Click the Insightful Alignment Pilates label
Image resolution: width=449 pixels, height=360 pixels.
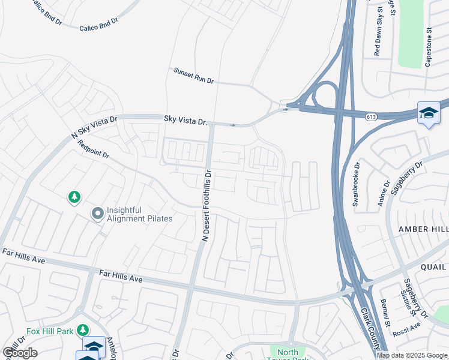point(139,215)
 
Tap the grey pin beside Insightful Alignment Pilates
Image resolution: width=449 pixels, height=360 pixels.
point(97,214)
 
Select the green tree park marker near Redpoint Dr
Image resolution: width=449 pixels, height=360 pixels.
point(74,197)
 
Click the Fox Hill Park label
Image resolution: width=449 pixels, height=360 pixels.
point(50,330)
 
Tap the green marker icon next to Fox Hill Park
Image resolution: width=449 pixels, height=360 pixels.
point(82,330)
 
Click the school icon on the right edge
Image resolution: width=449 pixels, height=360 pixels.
point(429,113)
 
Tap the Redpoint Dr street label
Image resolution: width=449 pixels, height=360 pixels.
point(94,149)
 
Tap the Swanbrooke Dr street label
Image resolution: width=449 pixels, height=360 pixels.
point(356,184)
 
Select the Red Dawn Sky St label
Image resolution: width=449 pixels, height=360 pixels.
point(378,31)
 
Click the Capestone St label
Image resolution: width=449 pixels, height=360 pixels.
point(429,46)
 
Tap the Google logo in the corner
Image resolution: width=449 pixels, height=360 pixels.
point(20,353)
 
